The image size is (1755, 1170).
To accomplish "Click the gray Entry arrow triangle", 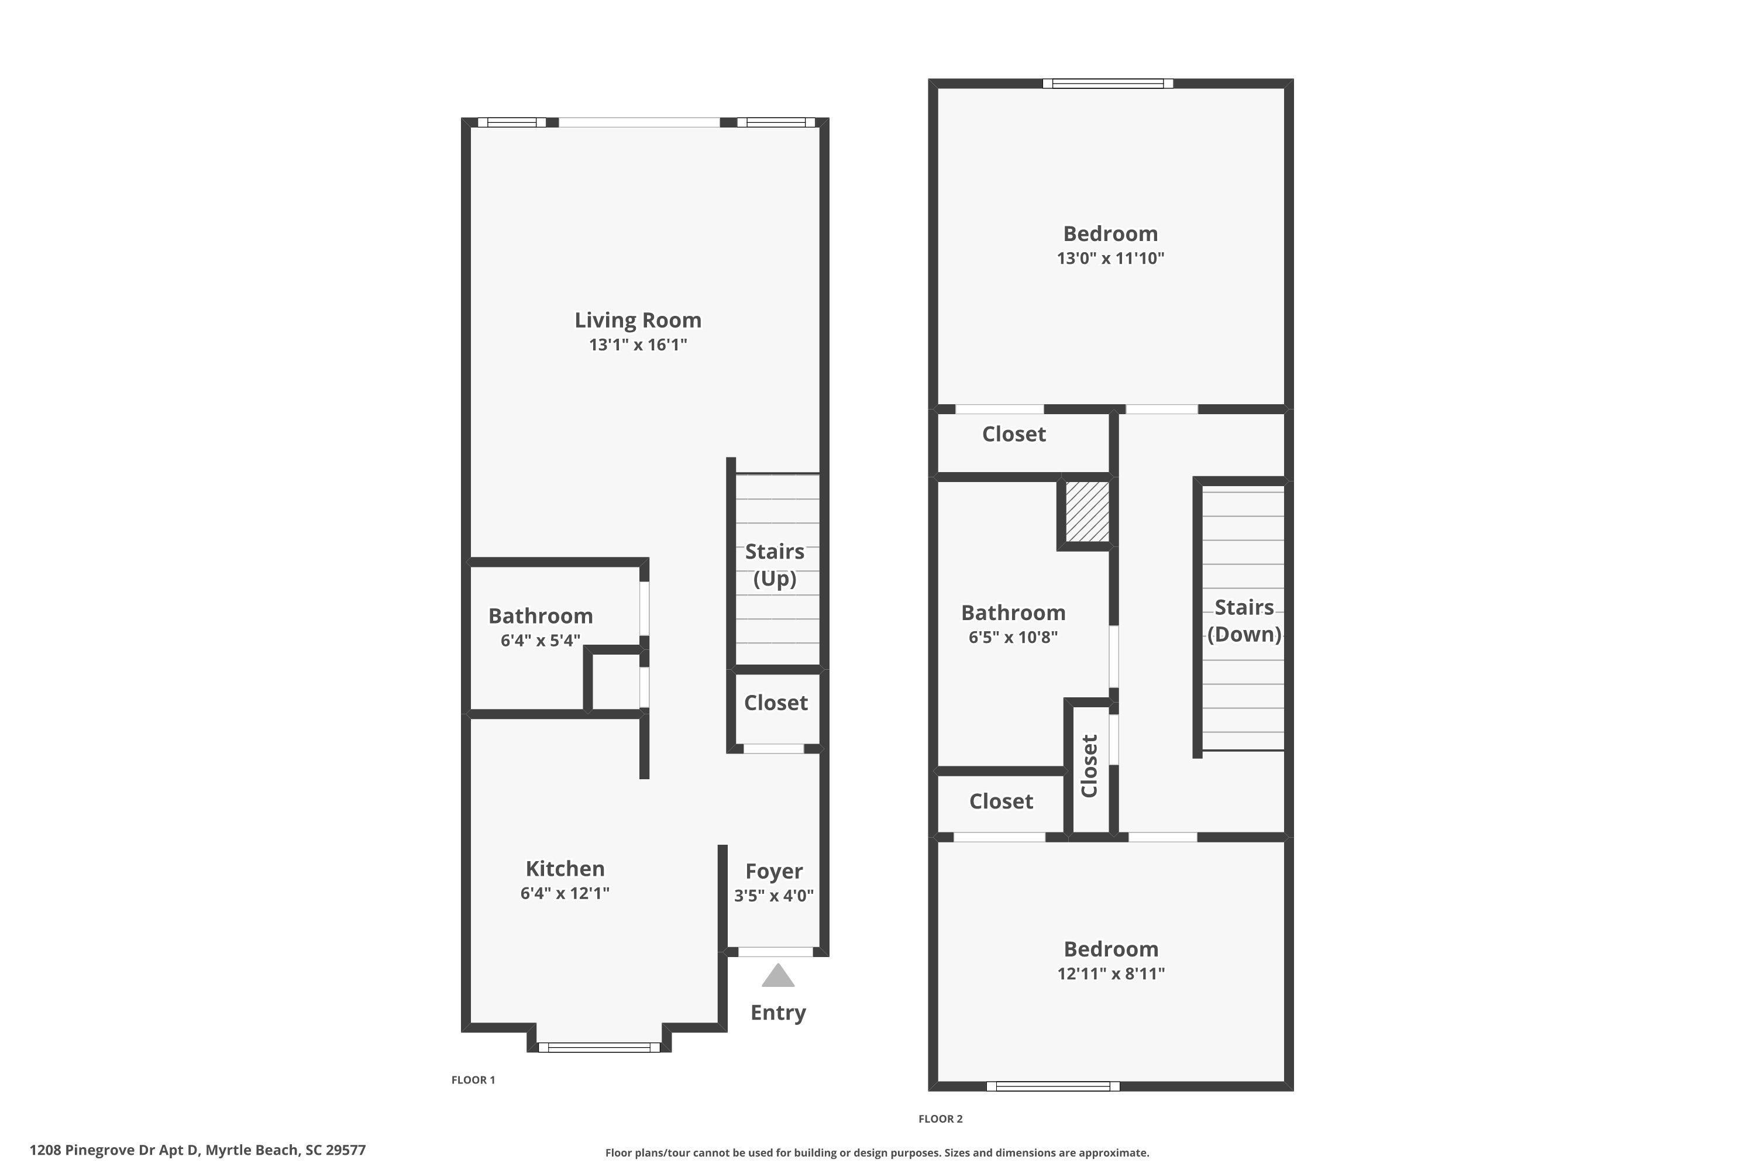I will click(777, 976).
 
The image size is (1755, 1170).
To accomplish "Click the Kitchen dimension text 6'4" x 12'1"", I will click(565, 893).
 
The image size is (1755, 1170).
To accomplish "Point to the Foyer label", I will click(774, 871).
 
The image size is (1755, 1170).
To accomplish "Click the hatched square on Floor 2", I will click(1086, 512).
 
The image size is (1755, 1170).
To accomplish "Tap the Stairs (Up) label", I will click(775, 565).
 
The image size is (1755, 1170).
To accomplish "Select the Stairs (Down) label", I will click(1244, 620).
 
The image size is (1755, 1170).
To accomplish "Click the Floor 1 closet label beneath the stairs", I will click(775, 703).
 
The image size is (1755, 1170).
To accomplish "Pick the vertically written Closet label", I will click(1089, 766).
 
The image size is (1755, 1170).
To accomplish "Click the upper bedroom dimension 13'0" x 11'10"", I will click(1110, 258).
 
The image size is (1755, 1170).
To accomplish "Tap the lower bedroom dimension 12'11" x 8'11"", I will click(1110, 974).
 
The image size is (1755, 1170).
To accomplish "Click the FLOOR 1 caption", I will click(473, 1080).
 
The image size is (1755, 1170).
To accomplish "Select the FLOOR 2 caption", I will click(940, 1119).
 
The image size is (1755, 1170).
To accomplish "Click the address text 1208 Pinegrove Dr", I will click(197, 1150).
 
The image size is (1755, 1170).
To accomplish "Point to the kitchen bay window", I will click(598, 1048).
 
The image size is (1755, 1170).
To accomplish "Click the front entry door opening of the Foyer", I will click(775, 952).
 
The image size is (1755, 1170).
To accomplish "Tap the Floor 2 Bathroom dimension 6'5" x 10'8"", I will click(1013, 637).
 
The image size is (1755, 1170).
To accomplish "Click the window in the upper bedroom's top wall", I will click(1107, 84).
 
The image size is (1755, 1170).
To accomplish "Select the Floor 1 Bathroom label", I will click(540, 617).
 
